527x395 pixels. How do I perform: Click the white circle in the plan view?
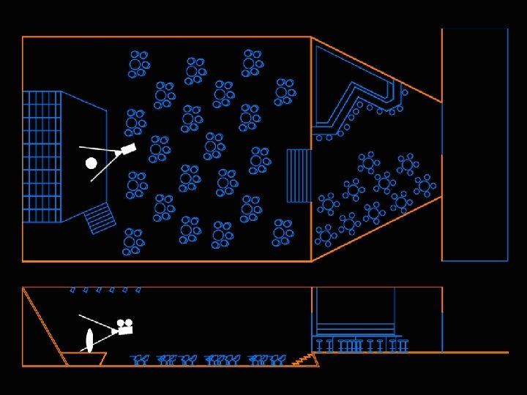(91, 163)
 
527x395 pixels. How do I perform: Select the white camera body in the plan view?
(128, 149)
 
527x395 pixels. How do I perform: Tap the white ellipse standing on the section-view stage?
(89, 340)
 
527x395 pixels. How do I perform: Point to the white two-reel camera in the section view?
(125, 327)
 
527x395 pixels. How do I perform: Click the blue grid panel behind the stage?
(42, 157)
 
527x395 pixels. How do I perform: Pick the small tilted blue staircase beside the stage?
(100, 218)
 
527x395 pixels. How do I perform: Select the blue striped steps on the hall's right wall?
(299, 176)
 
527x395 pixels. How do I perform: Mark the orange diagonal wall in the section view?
(44, 325)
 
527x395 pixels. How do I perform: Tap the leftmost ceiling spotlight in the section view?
(72, 290)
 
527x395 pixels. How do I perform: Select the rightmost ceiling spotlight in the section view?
(138, 290)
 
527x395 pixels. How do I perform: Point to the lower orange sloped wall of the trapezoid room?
(377, 228)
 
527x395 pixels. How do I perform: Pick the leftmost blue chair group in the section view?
(140, 359)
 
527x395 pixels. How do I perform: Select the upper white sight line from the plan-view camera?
(99, 149)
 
